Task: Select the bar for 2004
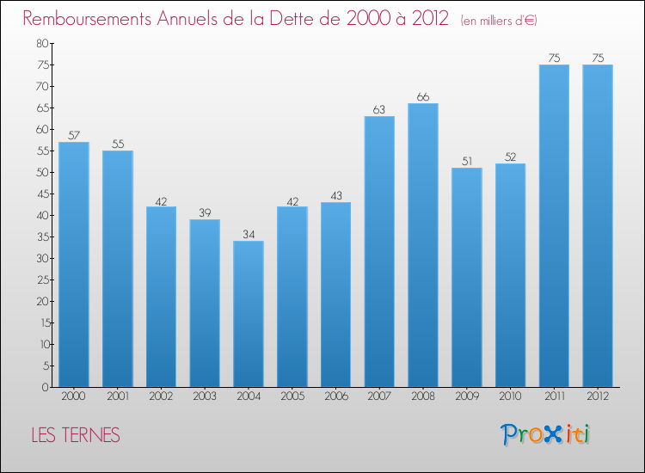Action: (249, 314)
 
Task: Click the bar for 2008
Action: (423, 245)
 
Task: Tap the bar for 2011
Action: (554, 225)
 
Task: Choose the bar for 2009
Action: (467, 277)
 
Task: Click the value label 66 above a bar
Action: (423, 97)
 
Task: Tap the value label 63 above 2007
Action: (379, 110)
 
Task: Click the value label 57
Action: (74, 136)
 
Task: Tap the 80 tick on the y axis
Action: (42, 43)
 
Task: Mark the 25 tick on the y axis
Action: (42, 279)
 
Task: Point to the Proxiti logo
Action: (545, 434)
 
